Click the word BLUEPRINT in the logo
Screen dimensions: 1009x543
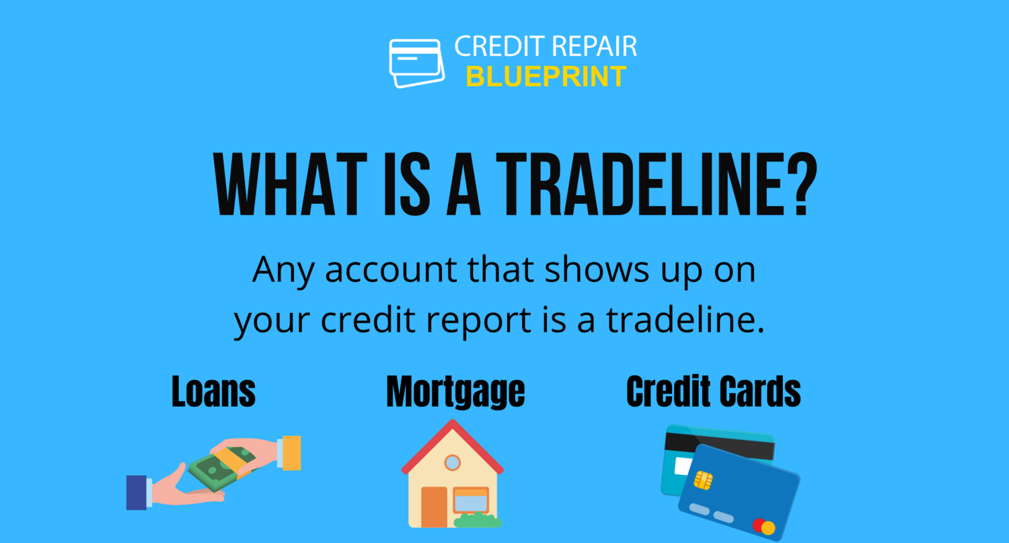click(546, 76)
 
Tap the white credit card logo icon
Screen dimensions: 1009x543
click(416, 63)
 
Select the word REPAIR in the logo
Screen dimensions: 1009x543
click(595, 46)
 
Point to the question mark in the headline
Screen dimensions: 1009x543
click(803, 185)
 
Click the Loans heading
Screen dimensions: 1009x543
click(213, 391)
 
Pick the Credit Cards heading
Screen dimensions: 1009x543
click(714, 391)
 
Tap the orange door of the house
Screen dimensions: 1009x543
click(435, 507)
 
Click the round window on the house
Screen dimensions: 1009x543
click(452, 462)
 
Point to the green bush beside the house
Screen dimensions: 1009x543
click(478, 520)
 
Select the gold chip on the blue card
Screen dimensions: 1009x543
click(703, 480)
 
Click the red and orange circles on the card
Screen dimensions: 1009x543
click(764, 526)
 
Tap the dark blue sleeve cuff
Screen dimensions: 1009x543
click(136, 493)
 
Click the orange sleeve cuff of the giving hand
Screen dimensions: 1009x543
click(291, 453)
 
